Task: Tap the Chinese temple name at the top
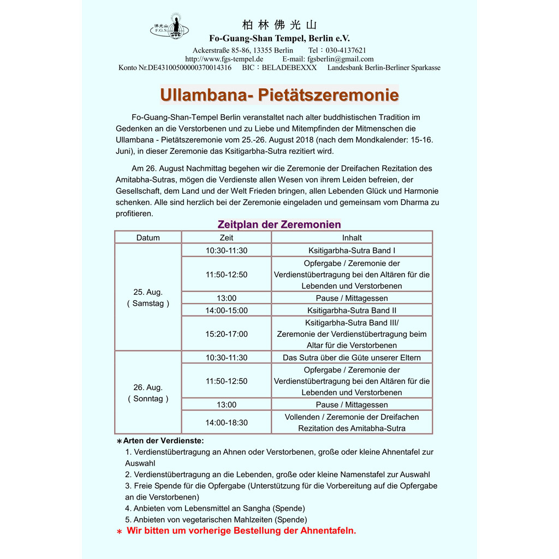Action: point(279,25)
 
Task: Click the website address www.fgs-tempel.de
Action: point(224,59)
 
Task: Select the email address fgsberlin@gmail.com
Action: point(341,59)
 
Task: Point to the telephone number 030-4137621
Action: point(346,50)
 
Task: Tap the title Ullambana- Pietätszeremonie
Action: point(279,95)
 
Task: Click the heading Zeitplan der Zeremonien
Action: point(279,224)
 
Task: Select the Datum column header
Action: point(148,237)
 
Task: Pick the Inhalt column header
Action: point(352,237)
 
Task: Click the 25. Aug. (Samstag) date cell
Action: point(148,298)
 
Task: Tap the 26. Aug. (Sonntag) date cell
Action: point(148,393)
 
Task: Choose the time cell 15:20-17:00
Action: point(226,334)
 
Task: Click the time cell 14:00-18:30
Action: point(226,423)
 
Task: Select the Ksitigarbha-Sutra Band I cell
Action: point(352,251)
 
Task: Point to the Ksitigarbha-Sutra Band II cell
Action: point(352,311)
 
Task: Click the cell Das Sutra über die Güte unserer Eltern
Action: point(352,358)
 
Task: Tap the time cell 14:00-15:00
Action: point(226,311)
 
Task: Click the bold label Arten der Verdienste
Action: point(163,441)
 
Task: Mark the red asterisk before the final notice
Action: point(119,532)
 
